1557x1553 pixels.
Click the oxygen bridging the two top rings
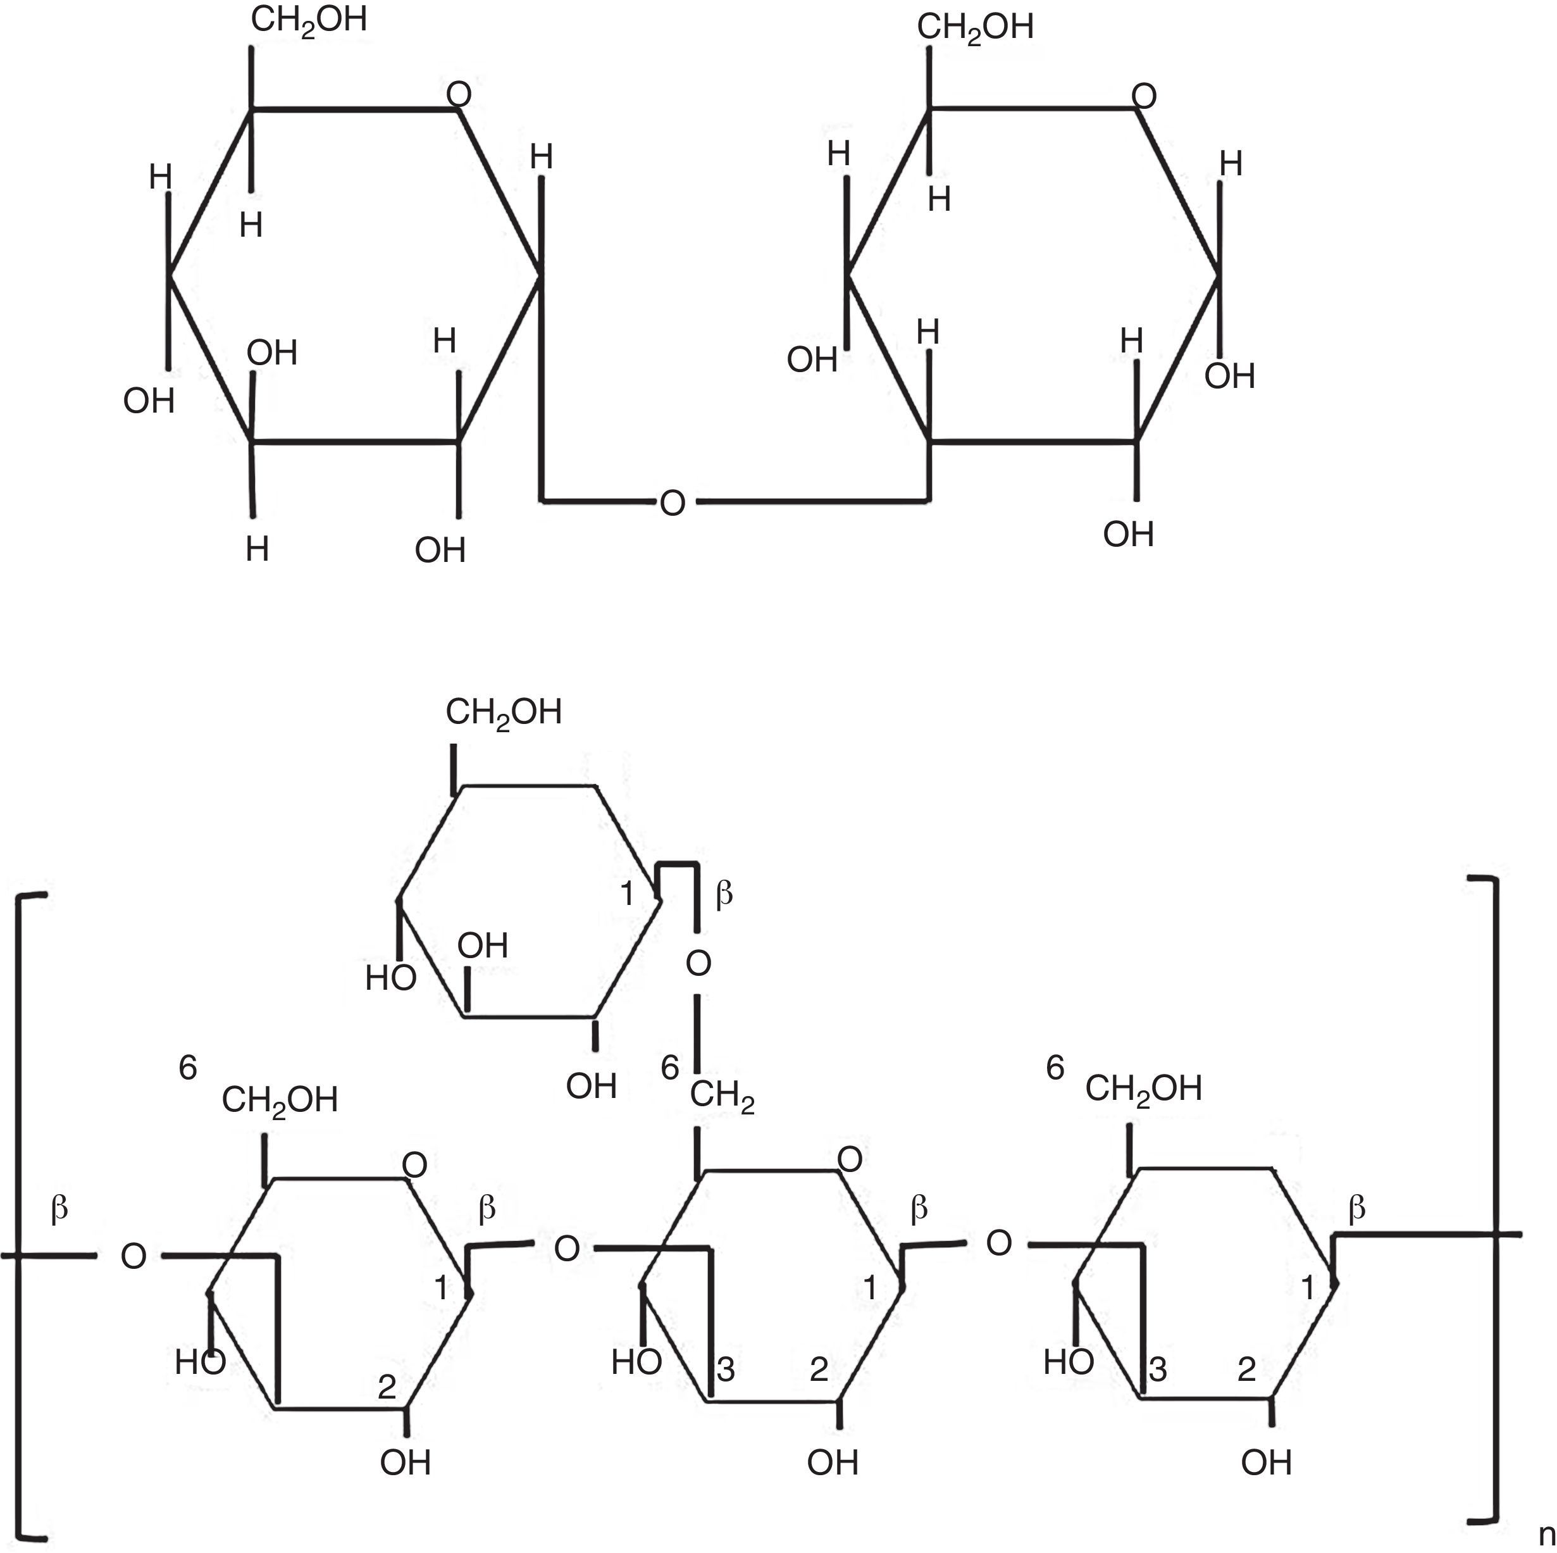tap(672, 503)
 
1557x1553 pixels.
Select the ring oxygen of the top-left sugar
tap(459, 95)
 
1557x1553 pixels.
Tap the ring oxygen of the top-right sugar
tap(1144, 97)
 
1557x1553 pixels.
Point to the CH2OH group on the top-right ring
tap(974, 27)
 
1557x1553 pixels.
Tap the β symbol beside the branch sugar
tap(724, 893)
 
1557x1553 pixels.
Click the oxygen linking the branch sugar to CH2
tap(698, 963)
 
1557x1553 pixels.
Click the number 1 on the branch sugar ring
tap(628, 894)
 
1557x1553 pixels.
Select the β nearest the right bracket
tap(1357, 1207)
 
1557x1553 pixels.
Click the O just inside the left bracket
tap(133, 1256)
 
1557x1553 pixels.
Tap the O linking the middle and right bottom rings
tap(998, 1243)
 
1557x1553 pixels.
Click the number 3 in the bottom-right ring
tap(1158, 1369)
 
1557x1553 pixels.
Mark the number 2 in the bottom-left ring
tap(387, 1386)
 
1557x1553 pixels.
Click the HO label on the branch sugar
tap(391, 978)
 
